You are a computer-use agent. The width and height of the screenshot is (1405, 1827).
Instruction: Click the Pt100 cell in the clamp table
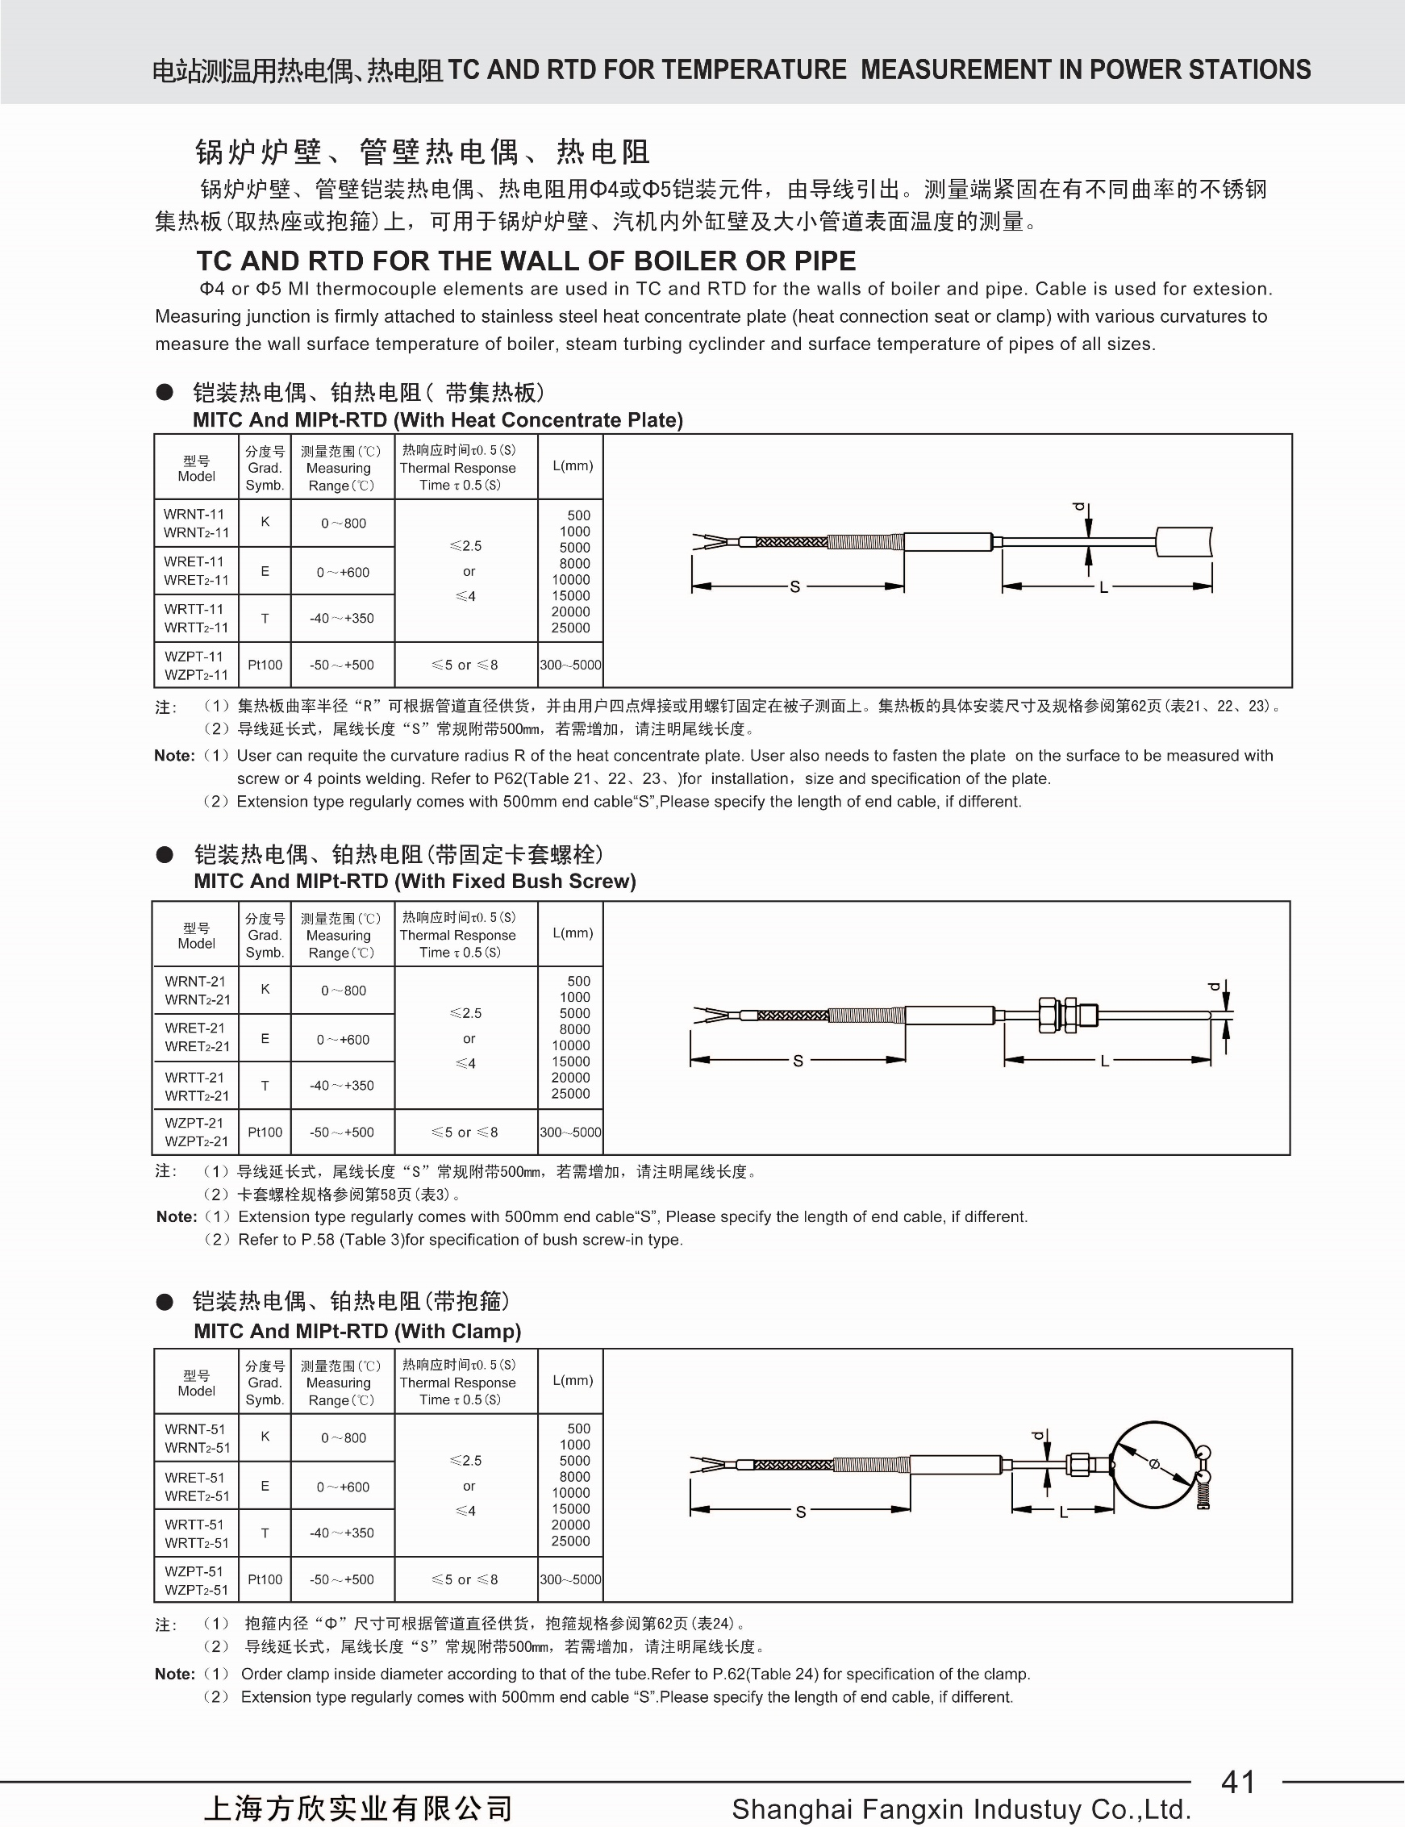point(265,1579)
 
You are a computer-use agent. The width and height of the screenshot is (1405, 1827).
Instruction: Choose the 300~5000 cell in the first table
point(570,665)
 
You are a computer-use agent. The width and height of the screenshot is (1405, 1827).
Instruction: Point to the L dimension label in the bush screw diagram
point(1105,1061)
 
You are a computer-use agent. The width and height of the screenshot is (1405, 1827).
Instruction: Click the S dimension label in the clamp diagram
point(800,1512)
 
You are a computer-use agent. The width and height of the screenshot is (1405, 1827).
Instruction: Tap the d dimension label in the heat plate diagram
point(1079,507)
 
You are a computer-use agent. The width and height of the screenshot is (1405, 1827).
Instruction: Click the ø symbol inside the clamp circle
point(1155,1463)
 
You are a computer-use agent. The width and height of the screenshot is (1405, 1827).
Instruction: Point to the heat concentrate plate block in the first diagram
point(1184,541)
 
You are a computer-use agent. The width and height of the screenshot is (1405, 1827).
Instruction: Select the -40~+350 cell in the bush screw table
point(342,1086)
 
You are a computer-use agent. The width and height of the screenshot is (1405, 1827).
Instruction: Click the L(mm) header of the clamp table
point(572,1380)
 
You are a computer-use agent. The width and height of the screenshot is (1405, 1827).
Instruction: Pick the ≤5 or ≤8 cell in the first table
point(465,665)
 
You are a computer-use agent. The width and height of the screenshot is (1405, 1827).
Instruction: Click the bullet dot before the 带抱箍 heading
point(165,1302)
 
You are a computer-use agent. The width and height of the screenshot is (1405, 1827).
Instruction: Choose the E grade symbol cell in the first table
point(265,571)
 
